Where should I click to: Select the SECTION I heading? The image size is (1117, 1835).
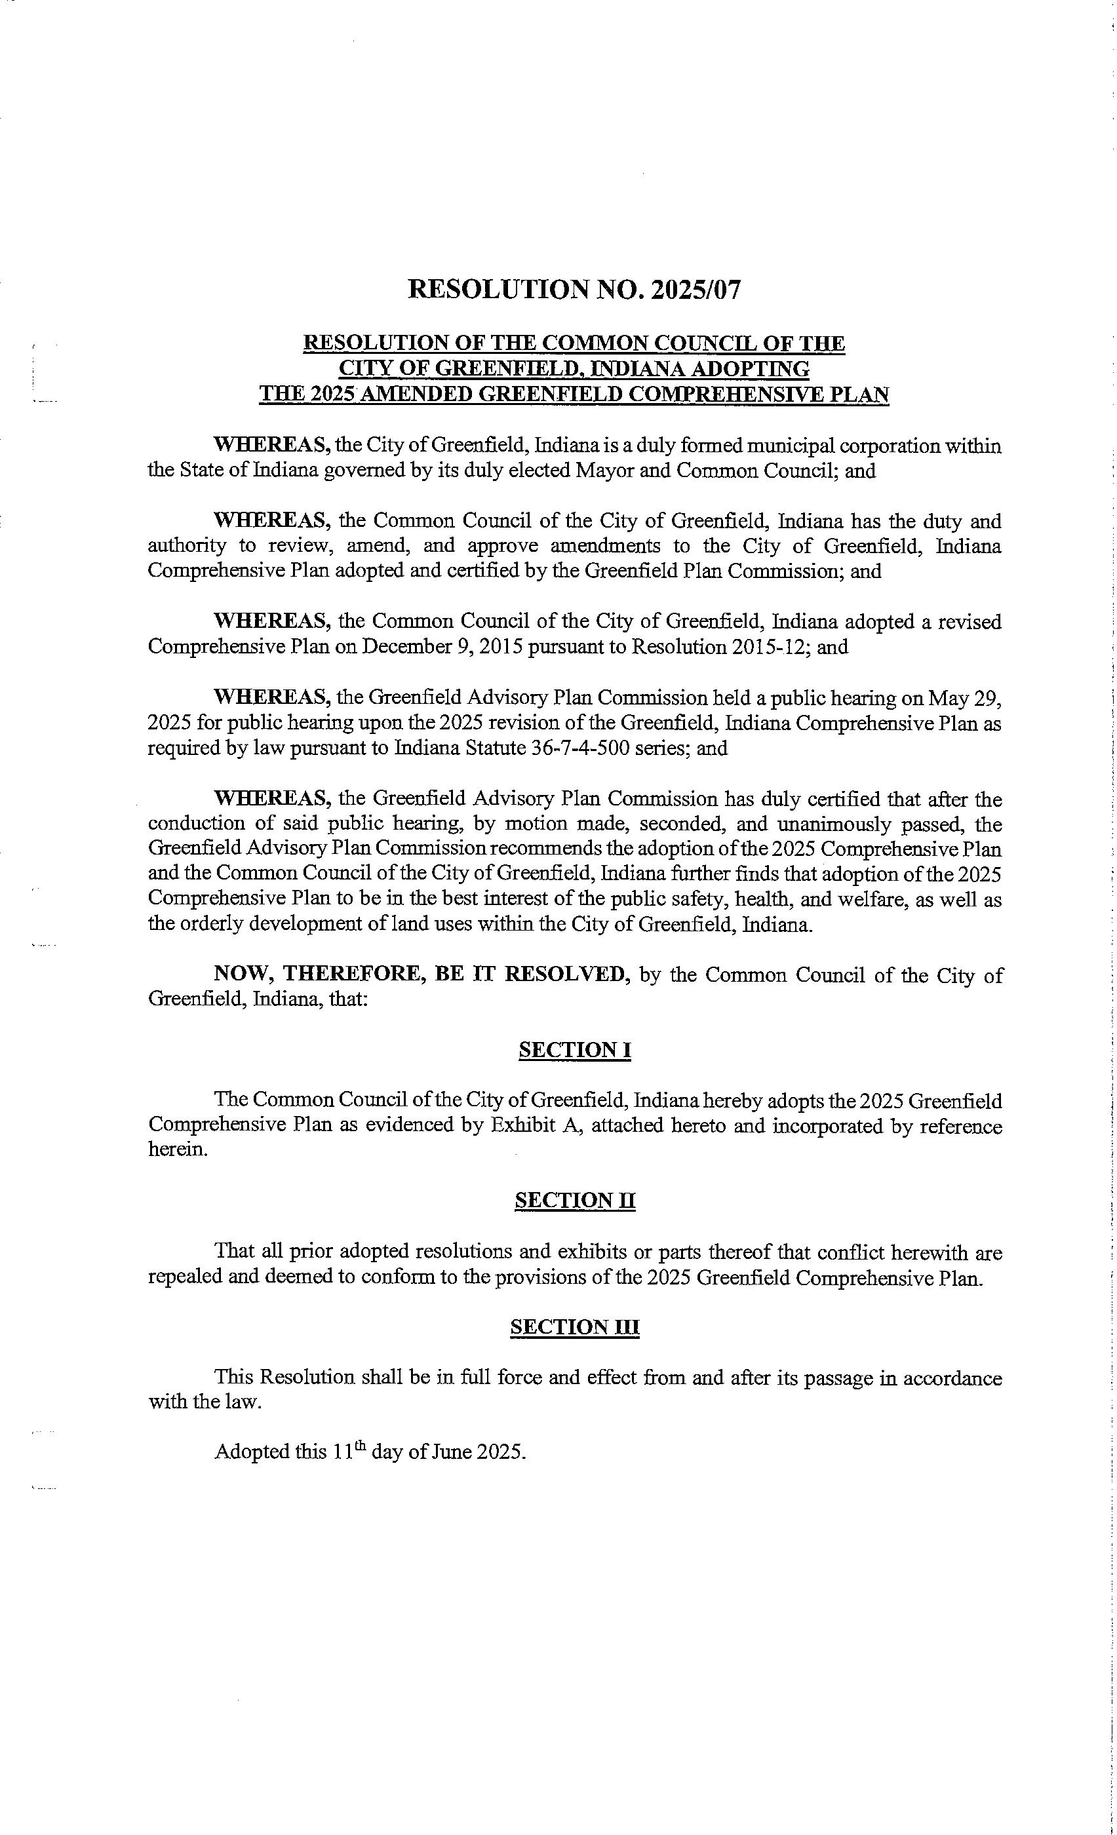[x=574, y=1050]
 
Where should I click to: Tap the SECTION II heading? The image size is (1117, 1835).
[x=574, y=1201]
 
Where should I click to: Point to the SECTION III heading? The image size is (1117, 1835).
[x=574, y=1327]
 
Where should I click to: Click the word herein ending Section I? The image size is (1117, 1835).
[x=177, y=1149]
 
